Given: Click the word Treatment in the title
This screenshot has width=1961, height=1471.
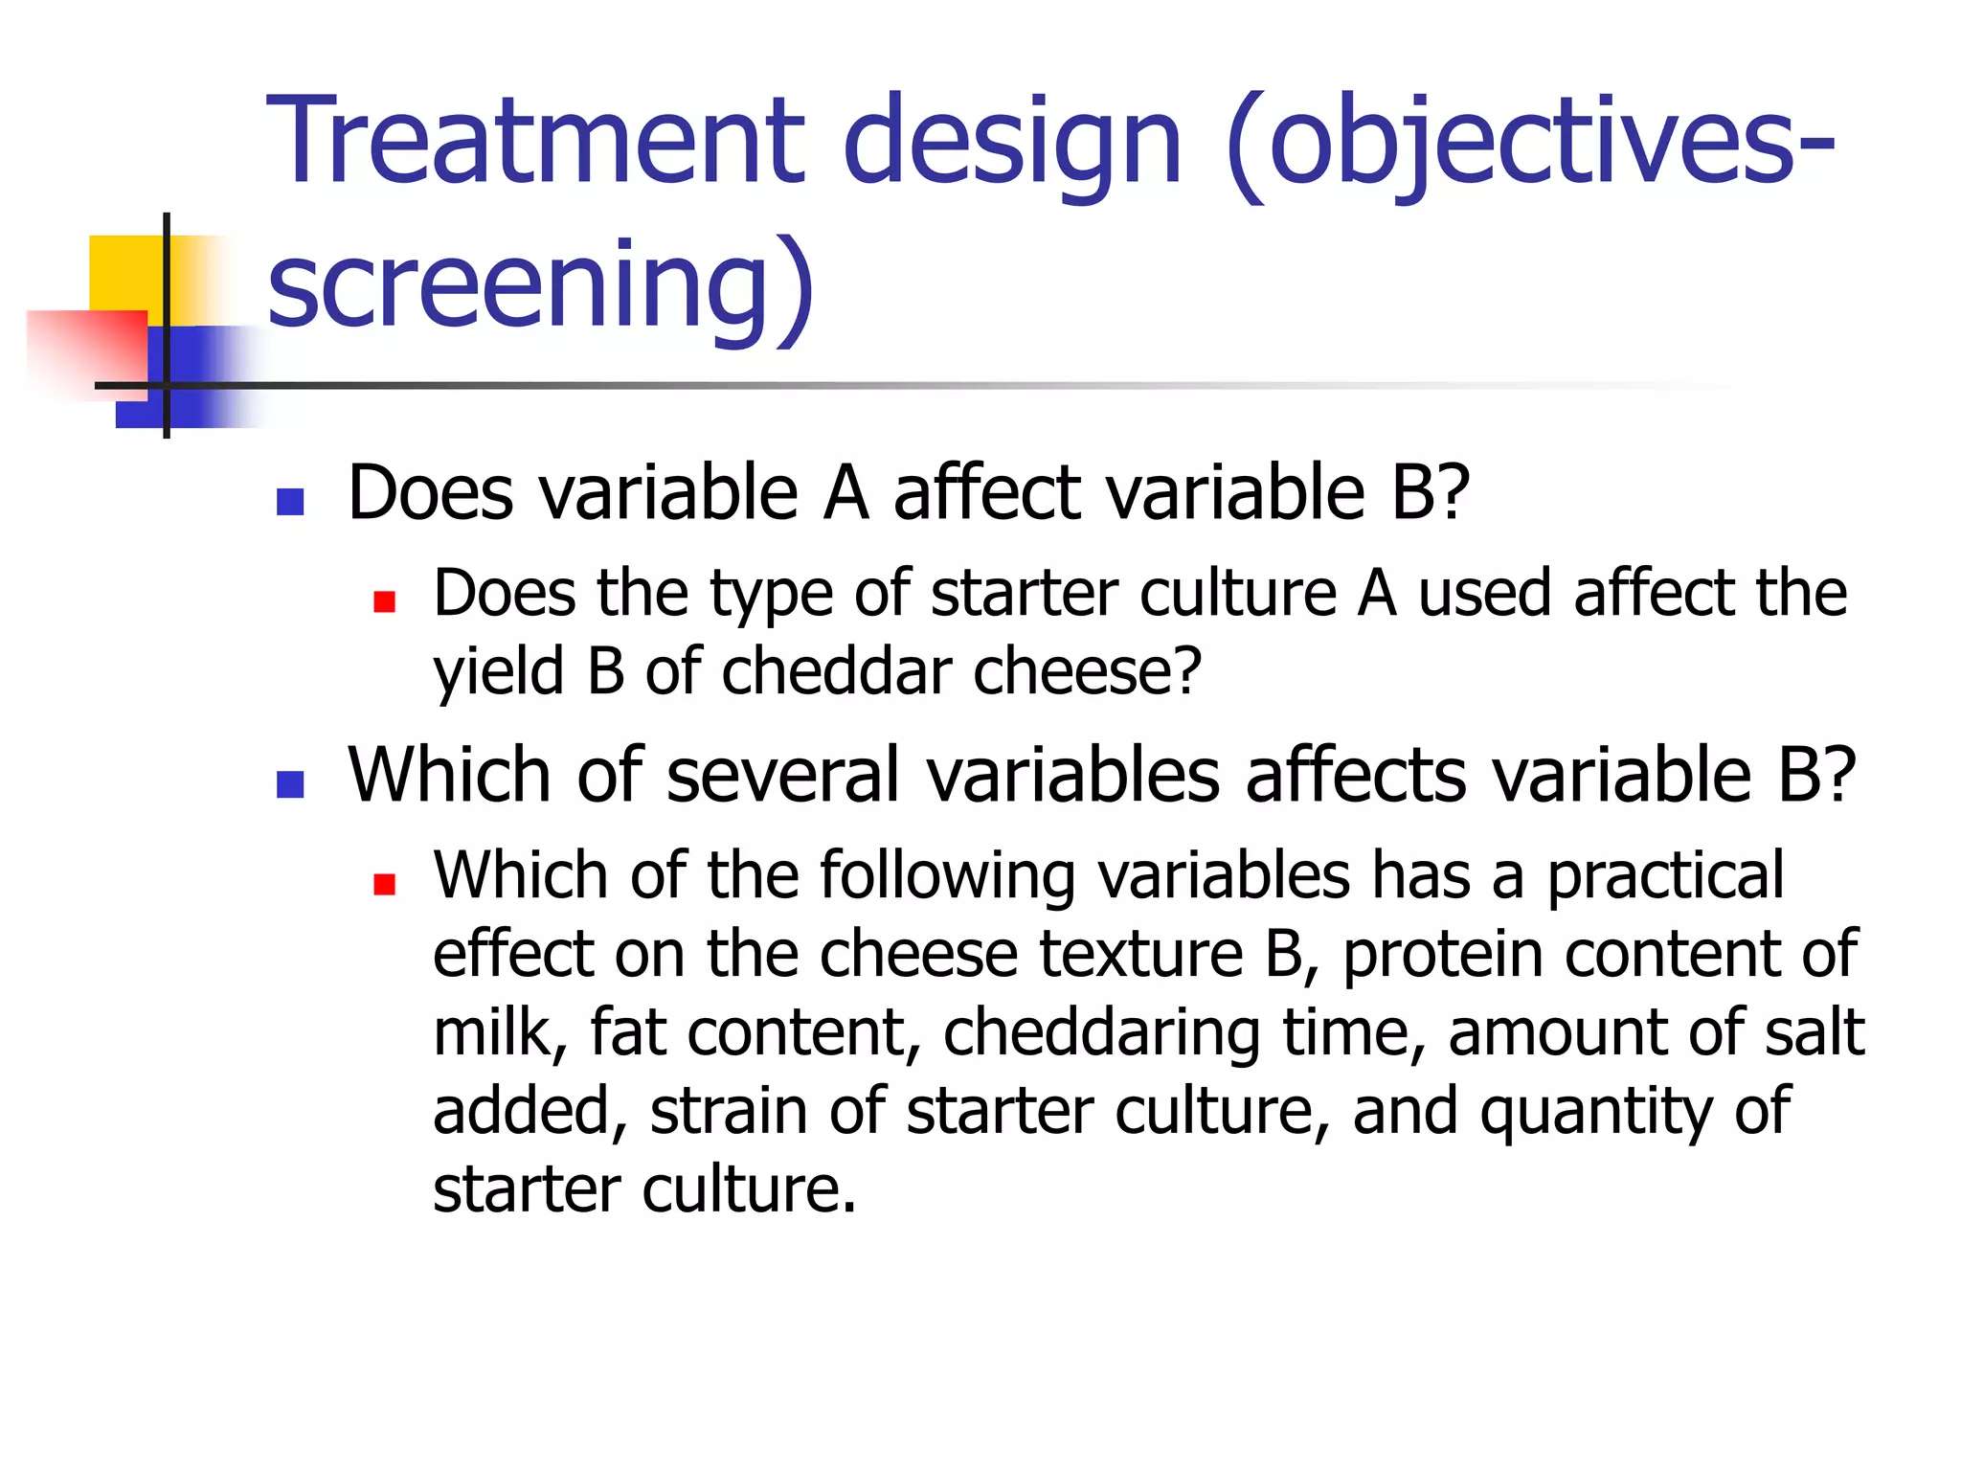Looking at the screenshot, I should click(x=536, y=142).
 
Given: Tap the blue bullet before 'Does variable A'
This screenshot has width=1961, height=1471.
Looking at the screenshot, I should click(x=289, y=502).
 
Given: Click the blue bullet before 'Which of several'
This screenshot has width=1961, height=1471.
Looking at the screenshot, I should click(x=289, y=784).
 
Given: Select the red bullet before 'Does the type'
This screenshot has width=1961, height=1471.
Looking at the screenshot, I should click(x=385, y=601).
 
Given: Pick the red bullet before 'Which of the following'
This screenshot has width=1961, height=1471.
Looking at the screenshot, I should click(x=385, y=884).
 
